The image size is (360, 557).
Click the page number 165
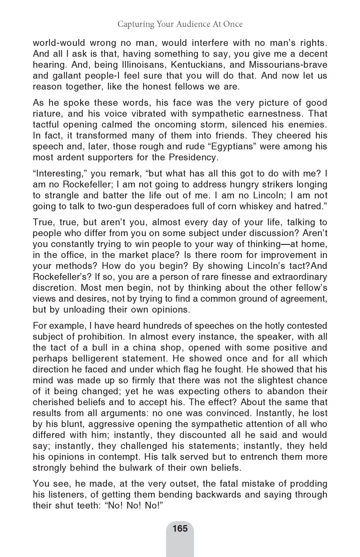tap(180, 528)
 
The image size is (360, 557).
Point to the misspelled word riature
tap(47, 114)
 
